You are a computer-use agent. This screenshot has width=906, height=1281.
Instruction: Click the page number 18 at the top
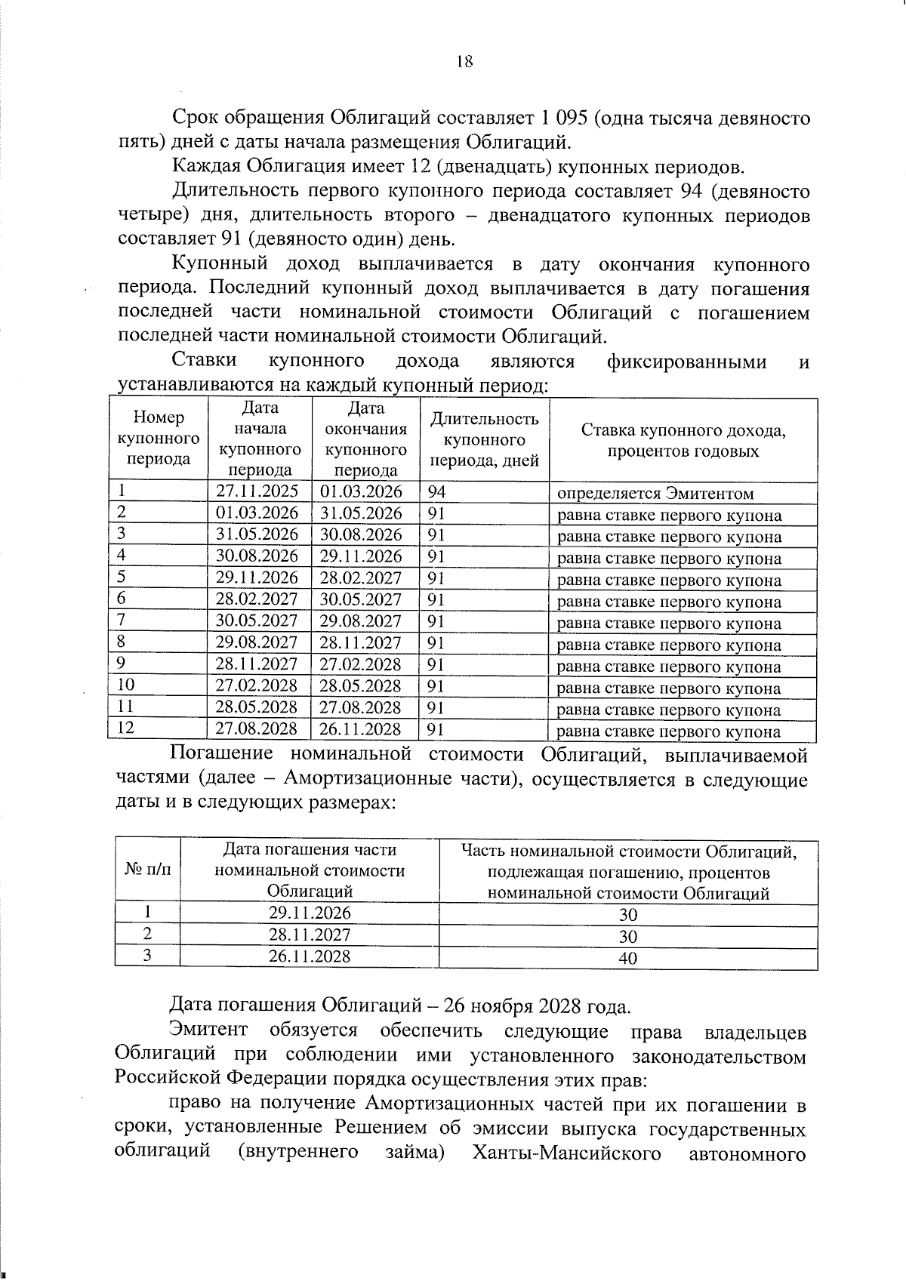pyautogui.click(x=464, y=62)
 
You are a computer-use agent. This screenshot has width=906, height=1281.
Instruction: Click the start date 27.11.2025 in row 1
pyautogui.click(x=257, y=491)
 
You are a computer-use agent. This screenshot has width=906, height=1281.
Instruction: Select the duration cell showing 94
pyautogui.click(x=437, y=493)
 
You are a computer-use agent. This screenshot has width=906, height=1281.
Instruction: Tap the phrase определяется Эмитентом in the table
pyautogui.click(x=655, y=494)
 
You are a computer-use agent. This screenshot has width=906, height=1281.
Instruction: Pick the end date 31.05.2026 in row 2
pyautogui.click(x=362, y=513)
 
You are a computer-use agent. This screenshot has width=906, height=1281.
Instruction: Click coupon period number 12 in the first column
pyautogui.click(x=126, y=728)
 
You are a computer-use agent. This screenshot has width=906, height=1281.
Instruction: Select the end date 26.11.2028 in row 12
pyautogui.click(x=361, y=729)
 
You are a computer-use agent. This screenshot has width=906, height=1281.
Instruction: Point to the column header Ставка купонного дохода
pyautogui.click(x=683, y=441)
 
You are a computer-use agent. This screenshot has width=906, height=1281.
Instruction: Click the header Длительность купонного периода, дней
pyautogui.click(x=484, y=439)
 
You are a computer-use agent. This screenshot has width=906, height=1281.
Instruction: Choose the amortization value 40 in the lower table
pyautogui.click(x=627, y=958)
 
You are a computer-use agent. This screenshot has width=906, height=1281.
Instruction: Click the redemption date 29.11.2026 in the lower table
pyautogui.click(x=310, y=913)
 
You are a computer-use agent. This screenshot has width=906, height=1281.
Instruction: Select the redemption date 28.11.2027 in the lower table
pyautogui.click(x=310, y=935)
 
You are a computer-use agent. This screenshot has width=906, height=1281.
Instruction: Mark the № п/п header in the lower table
pyautogui.click(x=147, y=870)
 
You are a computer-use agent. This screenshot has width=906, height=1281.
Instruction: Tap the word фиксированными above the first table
pyautogui.click(x=686, y=362)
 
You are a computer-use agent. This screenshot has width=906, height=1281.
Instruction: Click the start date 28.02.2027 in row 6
pyautogui.click(x=257, y=599)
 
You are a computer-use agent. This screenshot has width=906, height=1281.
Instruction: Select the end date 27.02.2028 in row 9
pyautogui.click(x=361, y=664)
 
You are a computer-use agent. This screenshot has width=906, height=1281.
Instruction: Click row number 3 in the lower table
pyautogui.click(x=147, y=956)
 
